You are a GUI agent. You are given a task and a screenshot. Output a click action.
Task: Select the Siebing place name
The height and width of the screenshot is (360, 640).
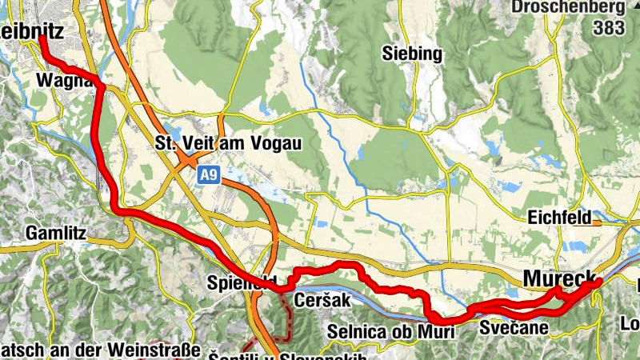pyautogui.click(x=412, y=54)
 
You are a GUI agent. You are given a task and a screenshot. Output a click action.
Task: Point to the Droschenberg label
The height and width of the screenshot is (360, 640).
pyautogui.click(x=568, y=8)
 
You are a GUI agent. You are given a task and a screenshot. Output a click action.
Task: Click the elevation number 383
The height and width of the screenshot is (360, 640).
pyautogui.click(x=609, y=27)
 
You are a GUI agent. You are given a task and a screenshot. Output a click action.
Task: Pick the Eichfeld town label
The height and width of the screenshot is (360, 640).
pyautogui.click(x=559, y=218)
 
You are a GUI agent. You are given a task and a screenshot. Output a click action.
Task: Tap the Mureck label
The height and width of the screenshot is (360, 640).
pyautogui.click(x=560, y=278)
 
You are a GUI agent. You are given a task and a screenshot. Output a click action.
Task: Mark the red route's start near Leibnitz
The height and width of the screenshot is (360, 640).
pyautogui.click(x=42, y=38)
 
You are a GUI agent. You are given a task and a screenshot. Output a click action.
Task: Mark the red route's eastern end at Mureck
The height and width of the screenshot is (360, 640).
pyautogui.click(x=598, y=283)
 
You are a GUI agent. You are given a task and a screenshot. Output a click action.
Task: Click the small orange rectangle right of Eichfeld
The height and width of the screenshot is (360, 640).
pyautogui.click(x=597, y=223)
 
